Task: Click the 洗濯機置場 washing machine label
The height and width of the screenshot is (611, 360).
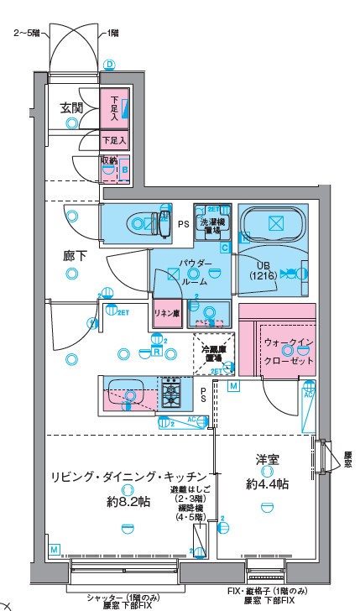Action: click(x=210, y=225)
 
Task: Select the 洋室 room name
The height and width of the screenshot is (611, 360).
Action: click(x=268, y=459)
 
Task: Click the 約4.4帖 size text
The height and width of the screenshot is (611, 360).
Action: click(x=268, y=484)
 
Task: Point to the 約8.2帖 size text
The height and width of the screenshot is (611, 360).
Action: click(x=128, y=502)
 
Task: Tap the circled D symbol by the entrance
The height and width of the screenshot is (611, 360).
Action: click(x=108, y=65)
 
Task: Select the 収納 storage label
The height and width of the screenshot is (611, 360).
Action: click(x=109, y=159)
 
